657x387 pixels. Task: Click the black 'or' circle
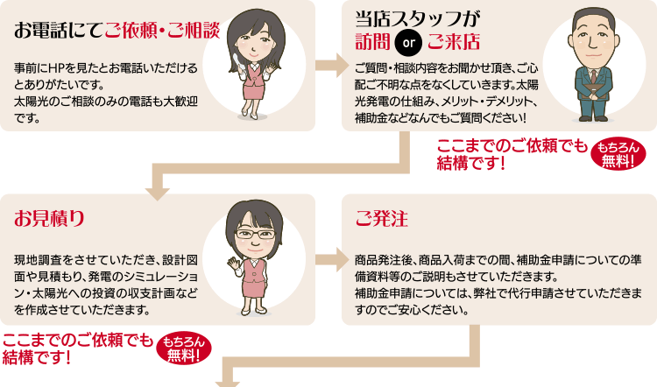coord(408,42)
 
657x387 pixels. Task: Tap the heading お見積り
coord(49,218)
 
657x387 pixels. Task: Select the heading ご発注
coord(381,218)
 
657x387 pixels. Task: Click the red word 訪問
coord(372,42)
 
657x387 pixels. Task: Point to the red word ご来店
coord(454,42)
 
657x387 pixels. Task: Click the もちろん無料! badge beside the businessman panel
coord(618,154)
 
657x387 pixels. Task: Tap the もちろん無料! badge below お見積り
coord(184,348)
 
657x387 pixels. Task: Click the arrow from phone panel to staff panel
coord(332,66)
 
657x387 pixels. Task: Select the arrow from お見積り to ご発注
coord(332,260)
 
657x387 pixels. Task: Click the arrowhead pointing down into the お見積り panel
coord(158,193)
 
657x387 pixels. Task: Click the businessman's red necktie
coord(594,77)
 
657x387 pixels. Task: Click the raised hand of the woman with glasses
coord(233,264)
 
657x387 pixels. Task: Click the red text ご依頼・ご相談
coord(163,30)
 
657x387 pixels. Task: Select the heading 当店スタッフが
coord(418,19)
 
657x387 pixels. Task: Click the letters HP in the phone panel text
coord(55,67)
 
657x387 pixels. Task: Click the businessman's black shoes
coord(593,119)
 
